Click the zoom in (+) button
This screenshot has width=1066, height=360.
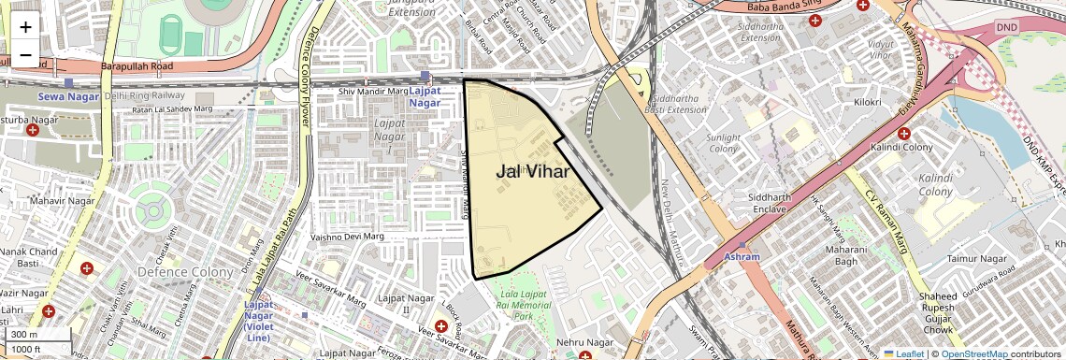(25, 27)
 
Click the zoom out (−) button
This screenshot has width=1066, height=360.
(25, 55)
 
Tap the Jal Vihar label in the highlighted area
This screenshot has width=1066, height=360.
(532, 171)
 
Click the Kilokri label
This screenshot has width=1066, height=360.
(868, 102)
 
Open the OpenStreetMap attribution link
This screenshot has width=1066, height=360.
(974, 353)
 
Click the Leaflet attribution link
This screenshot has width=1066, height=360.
(901, 353)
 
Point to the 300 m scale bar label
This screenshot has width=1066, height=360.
(24, 335)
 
